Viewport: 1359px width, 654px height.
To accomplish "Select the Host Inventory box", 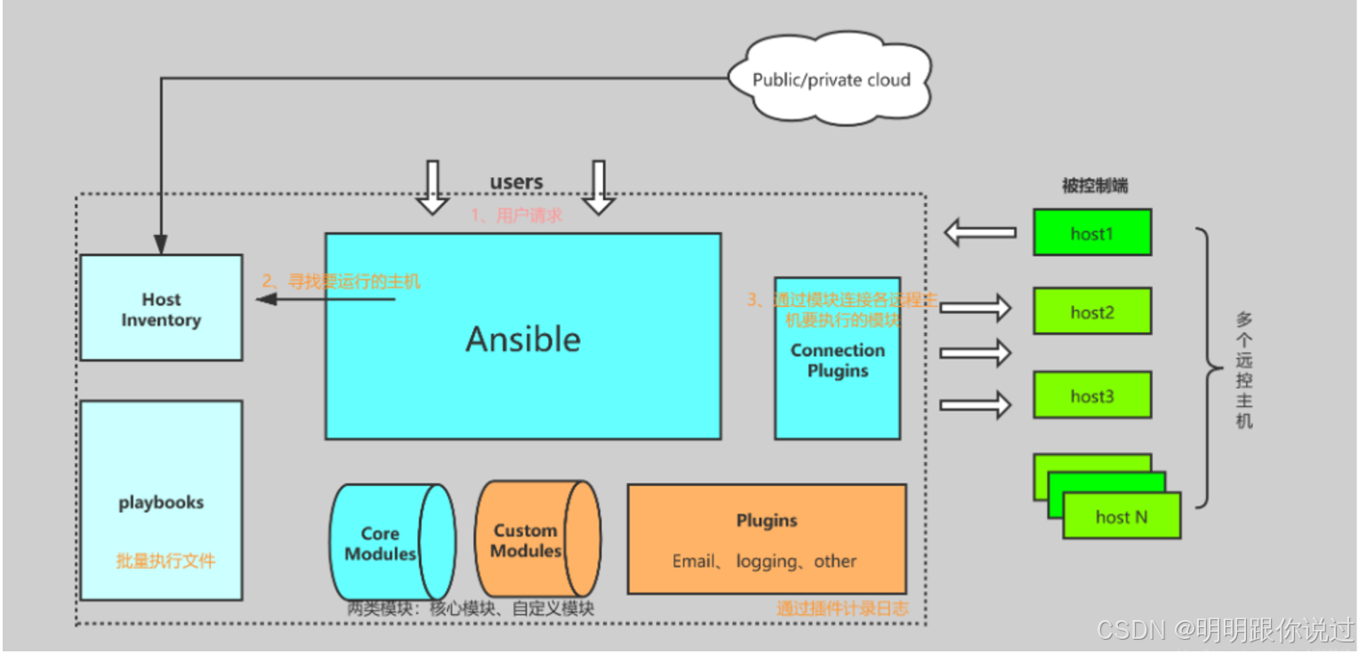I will tap(161, 308).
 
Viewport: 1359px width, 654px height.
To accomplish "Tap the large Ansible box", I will tap(522, 336).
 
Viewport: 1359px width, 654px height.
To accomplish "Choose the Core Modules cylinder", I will tap(388, 542).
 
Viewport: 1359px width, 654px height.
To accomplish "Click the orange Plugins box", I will tap(766, 538).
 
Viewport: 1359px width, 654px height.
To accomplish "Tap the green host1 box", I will tap(1091, 234).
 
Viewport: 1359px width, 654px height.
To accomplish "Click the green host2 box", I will tap(1091, 311).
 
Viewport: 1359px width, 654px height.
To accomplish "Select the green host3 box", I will tap(1091, 396).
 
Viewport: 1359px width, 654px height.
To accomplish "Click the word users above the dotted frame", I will tap(516, 182).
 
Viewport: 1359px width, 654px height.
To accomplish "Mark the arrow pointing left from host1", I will tap(979, 233).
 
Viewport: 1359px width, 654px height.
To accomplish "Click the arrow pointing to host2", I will tap(976, 309).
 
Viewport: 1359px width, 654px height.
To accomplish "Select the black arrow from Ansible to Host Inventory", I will tap(326, 300).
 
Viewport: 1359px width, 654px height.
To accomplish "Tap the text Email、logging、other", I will tap(764, 561).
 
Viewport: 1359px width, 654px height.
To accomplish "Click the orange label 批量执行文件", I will tap(165, 561).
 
